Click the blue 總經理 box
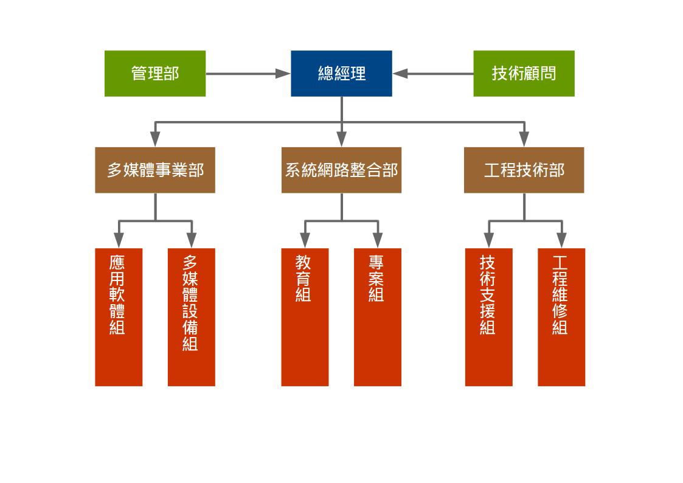tap(341, 74)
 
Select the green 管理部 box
tap(155, 74)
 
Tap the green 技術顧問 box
tap(524, 74)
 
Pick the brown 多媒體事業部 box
tap(155, 170)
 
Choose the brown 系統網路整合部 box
tap(341, 170)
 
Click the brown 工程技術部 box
tap(524, 170)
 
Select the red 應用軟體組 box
tap(119, 317)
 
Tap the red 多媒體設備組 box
tap(192, 317)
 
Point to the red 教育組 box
tap(305, 317)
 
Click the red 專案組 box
tap(378, 317)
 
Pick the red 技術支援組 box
tap(489, 317)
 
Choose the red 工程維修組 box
tap(561, 317)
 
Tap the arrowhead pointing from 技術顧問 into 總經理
tap(400, 74)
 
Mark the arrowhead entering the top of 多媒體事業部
tap(155, 141)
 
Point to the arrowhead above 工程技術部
tap(524, 141)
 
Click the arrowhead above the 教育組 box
tap(305, 241)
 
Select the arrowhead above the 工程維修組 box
tap(561, 241)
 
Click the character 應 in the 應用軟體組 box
tap(117, 263)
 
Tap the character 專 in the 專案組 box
tap(376, 263)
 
